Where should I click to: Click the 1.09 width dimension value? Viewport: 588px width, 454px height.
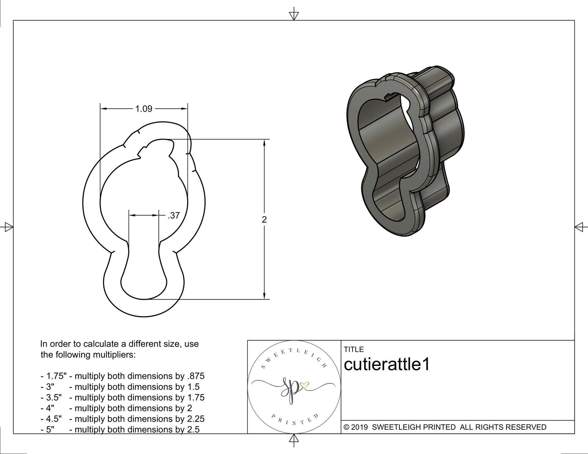click(144, 109)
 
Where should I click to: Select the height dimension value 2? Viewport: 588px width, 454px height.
click(264, 220)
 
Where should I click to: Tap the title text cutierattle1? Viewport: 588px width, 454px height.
click(387, 365)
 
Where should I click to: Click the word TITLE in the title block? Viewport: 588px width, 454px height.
click(354, 349)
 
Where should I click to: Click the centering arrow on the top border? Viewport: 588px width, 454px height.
click(294, 15)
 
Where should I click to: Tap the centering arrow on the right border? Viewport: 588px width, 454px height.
click(580, 227)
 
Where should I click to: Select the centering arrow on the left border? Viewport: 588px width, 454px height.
click(8, 227)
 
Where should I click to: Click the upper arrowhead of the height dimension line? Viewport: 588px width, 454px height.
click(264, 143)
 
